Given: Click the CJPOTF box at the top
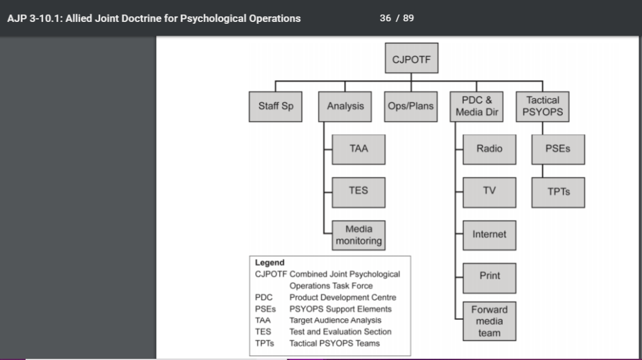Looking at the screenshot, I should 411,60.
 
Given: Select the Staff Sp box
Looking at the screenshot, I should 276,106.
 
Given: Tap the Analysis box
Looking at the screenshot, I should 345,106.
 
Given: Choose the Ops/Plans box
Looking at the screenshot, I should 411,106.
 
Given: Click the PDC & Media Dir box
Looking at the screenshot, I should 477,106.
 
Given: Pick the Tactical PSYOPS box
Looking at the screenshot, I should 543,106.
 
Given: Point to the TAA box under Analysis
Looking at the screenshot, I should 359,149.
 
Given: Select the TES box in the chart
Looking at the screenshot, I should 359,191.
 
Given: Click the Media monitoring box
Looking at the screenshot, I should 359,235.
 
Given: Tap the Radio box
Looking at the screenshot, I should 489,149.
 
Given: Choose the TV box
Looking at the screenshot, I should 489,191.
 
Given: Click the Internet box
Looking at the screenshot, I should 489,235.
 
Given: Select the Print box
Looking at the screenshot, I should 489,276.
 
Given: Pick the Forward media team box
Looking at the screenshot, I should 489,321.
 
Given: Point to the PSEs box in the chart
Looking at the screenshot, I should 558,149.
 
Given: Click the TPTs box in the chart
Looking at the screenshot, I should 558,192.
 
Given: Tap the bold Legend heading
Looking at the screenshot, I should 270,263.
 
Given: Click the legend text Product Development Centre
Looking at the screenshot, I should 342,297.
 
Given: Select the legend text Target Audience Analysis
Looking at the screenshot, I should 335,320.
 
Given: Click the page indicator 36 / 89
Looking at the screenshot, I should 396,18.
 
